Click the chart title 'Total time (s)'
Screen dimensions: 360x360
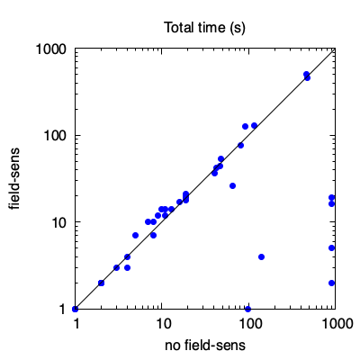click(205, 28)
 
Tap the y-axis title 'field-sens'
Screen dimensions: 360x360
click(14, 178)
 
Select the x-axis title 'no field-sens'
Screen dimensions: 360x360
click(205, 346)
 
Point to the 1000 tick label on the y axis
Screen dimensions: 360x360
click(51, 49)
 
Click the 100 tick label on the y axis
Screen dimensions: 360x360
click(55, 136)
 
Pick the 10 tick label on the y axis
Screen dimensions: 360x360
click(59, 222)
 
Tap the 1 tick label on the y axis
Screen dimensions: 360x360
click(63, 309)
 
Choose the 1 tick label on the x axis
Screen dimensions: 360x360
click(76, 324)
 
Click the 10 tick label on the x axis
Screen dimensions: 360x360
click(163, 324)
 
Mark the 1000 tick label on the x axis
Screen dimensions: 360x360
click(337, 324)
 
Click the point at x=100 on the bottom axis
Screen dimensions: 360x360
click(247, 309)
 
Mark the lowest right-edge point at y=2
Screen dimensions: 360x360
click(331, 283)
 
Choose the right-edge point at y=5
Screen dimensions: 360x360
click(331, 248)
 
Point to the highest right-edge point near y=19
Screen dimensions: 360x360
click(331, 197)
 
